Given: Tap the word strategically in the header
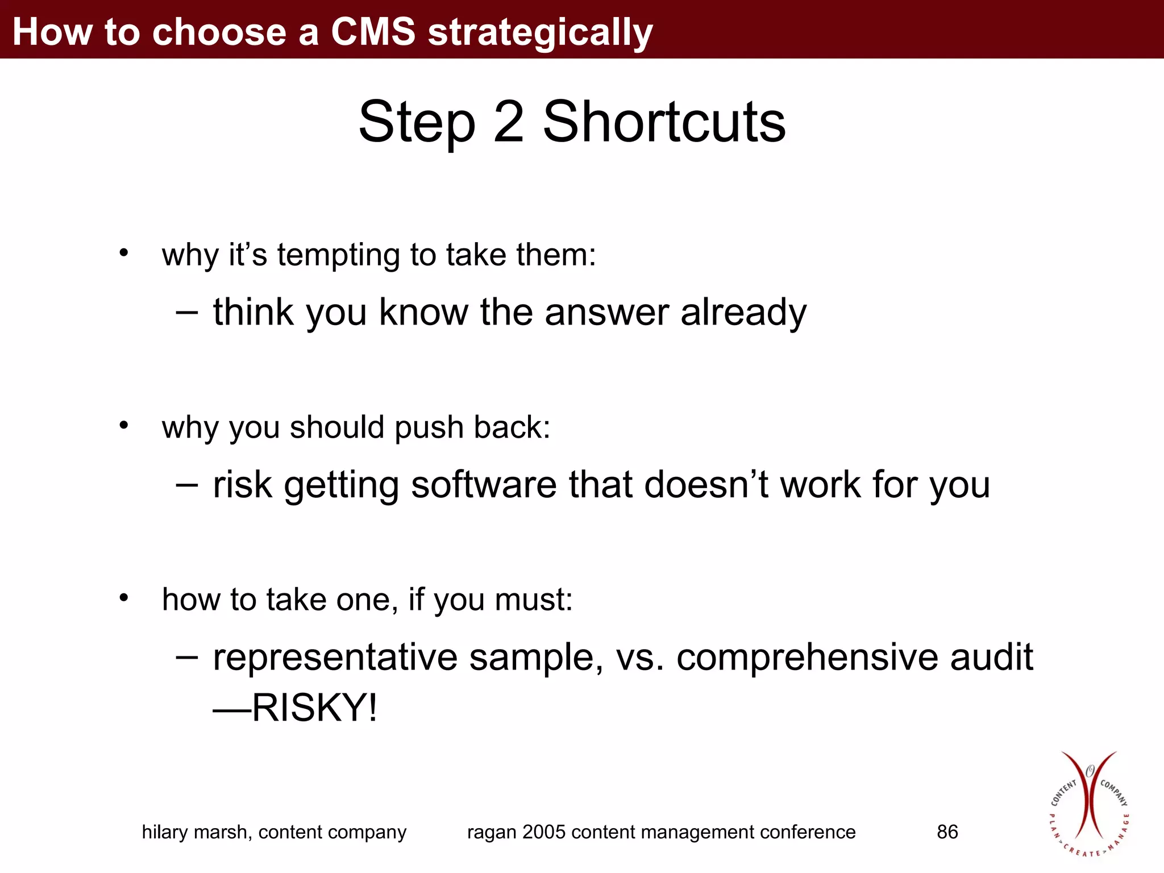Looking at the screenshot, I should click(x=540, y=33).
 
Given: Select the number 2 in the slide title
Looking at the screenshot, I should click(x=508, y=122).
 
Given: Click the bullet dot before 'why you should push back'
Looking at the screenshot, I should click(x=124, y=425).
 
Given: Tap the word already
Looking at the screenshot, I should click(x=743, y=314).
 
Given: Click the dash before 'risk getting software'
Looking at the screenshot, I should click(x=187, y=485).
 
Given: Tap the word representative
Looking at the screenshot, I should click(x=335, y=658).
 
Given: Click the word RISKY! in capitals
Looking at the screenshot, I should click(x=314, y=708).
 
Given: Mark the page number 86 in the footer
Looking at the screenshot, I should click(x=947, y=832).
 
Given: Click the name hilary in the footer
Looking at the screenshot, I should click(x=165, y=833).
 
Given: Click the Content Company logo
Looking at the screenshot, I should click(x=1089, y=804).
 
